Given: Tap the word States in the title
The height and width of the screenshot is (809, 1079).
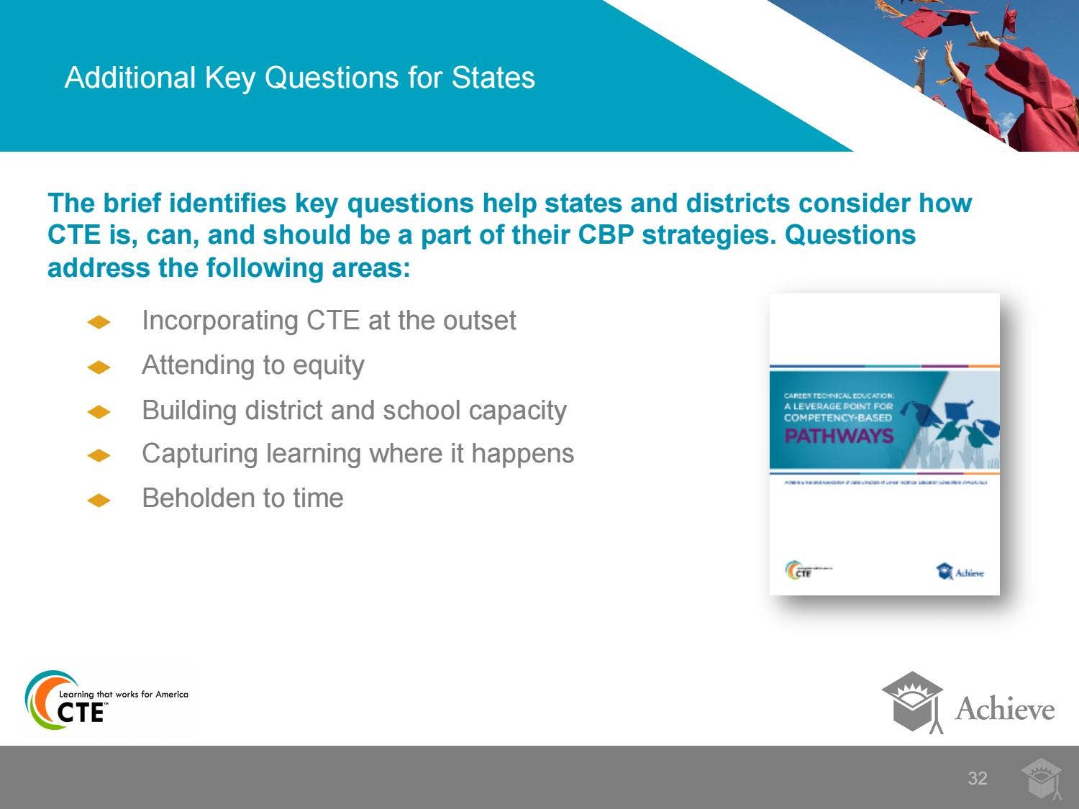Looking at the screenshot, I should tap(493, 78).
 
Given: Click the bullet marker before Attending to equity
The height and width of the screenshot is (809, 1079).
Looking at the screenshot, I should tap(99, 367).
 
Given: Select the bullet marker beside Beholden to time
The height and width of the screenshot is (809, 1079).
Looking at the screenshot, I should tap(99, 501).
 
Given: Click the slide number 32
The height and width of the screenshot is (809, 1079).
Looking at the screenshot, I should tap(977, 778).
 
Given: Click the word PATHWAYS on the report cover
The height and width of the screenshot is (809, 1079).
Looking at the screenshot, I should tap(838, 436).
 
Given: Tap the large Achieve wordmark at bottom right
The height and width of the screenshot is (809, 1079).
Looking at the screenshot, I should tap(1004, 709).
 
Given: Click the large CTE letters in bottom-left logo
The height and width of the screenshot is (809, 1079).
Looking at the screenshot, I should tap(81, 712).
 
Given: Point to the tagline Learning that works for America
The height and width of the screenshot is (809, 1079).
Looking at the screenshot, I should tap(123, 694).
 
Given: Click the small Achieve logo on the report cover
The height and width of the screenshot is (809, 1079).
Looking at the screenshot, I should tap(960, 572).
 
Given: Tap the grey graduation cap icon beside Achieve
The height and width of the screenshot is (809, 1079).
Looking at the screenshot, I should tap(912, 701).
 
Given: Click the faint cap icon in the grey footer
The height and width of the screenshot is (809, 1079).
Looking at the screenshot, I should tap(1041, 779).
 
